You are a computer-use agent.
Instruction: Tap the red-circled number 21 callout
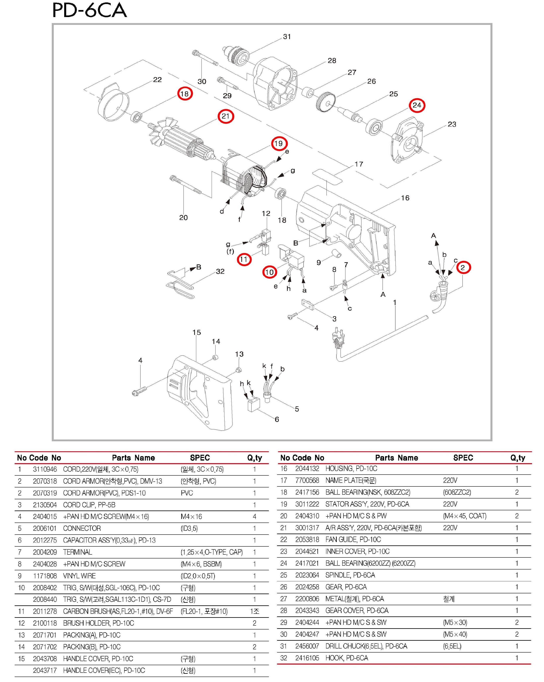point(225,116)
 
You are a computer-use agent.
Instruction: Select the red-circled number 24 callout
point(417,105)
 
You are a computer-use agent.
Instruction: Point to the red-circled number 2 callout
point(463,268)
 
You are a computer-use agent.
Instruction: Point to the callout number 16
point(405,198)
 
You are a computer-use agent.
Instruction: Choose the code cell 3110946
point(45,469)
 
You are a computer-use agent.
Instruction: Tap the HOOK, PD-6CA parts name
point(347,658)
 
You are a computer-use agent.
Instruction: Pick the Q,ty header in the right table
point(518,458)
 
